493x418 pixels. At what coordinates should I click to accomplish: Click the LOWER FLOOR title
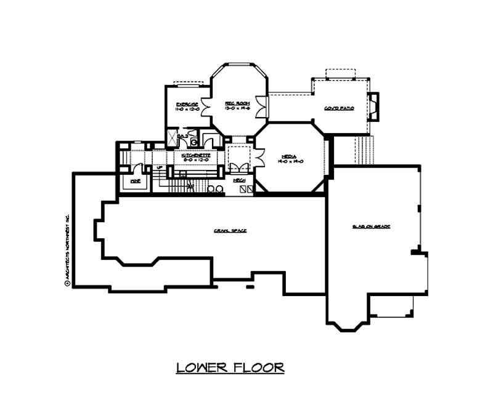(x=230, y=368)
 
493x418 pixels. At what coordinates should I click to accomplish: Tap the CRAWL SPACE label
(x=230, y=230)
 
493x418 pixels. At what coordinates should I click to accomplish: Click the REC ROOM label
(x=235, y=103)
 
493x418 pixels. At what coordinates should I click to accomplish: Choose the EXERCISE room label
(x=187, y=103)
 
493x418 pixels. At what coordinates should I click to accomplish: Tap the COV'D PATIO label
(x=338, y=108)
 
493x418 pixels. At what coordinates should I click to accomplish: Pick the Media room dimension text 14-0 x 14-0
(x=291, y=162)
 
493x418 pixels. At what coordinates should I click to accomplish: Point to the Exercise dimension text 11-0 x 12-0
(x=187, y=109)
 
